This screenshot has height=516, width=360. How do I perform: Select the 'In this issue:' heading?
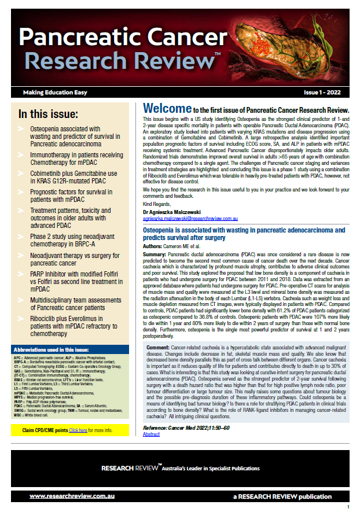[53, 114]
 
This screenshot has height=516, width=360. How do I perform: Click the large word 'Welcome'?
[167, 109]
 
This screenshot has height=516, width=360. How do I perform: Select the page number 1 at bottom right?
[348, 507]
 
